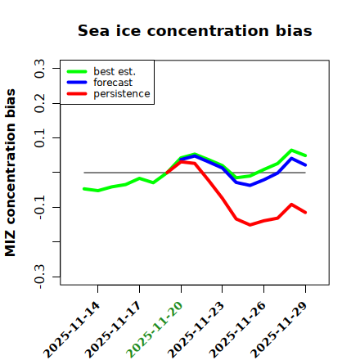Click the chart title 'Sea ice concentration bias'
[195, 30]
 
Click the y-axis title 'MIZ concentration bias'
[11, 173]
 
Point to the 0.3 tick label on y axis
[40, 69]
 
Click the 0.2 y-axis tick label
[40, 103]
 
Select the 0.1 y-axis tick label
[40, 138]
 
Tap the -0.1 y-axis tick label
[40, 208]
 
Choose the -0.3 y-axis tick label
[40, 277]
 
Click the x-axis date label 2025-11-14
[72, 330]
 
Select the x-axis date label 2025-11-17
[113, 330]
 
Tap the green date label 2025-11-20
[155, 330]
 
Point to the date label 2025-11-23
[196, 330]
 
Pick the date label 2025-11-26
[237, 330]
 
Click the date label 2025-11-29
[279, 330]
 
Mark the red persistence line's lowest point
[250, 225]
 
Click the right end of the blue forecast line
[306, 165]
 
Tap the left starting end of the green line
[84, 189]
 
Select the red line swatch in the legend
[77, 94]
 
